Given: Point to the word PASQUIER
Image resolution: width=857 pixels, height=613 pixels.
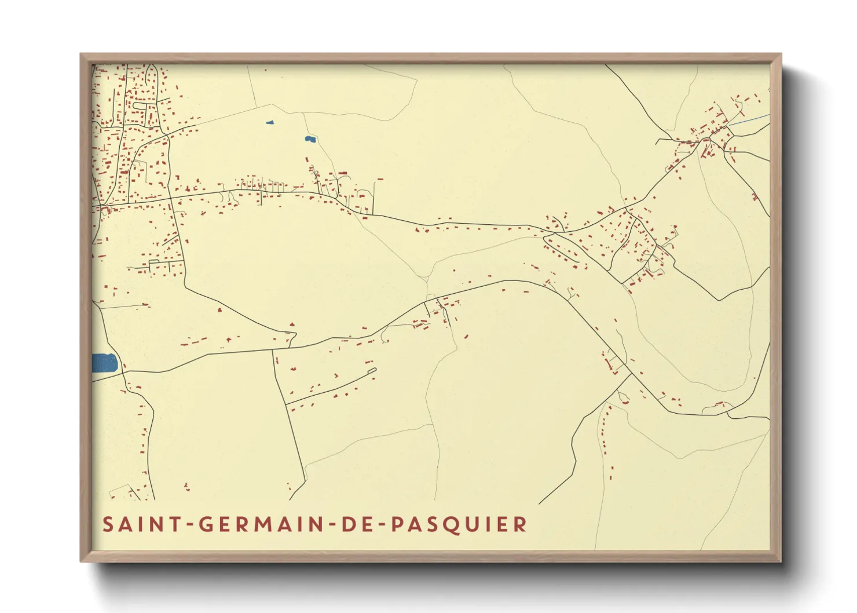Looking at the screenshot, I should (459, 525).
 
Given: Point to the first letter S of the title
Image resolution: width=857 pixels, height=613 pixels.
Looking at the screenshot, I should (108, 525).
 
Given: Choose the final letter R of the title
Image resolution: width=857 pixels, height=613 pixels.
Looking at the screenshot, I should (521, 525).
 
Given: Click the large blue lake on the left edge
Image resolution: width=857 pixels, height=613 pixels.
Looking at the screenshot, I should (104, 364).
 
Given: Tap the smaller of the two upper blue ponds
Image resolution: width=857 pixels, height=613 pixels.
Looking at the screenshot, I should (269, 122).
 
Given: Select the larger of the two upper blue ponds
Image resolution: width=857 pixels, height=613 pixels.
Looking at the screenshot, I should (310, 139).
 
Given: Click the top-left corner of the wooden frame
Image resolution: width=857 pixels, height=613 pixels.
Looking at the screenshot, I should (82, 55).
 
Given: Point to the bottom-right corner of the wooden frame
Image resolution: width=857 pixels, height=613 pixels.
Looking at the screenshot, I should (780, 560).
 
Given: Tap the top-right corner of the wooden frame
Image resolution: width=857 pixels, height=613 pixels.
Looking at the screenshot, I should (780, 55).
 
